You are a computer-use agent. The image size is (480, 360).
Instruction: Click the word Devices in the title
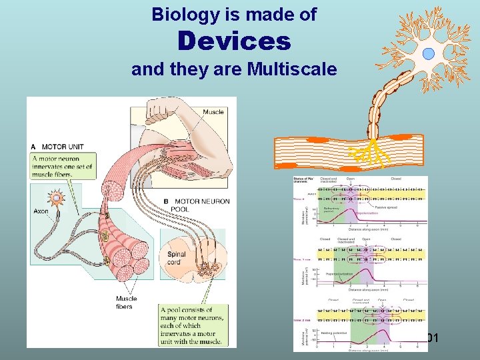point(234,42)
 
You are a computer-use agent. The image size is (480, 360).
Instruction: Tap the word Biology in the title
point(181,14)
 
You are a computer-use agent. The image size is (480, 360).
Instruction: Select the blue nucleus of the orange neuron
point(428,53)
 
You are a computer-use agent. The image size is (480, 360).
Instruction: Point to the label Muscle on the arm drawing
point(213,112)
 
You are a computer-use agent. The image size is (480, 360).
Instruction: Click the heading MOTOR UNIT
point(63,147)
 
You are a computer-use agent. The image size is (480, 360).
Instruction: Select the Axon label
point(41,211)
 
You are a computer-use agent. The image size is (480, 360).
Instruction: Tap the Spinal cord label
point(177,258)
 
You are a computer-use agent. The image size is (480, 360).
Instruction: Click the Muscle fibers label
point(126,303)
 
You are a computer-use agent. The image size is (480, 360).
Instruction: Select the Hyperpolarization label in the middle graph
point(339,274)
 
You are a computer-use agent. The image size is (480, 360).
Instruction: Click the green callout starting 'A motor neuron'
point(64,165)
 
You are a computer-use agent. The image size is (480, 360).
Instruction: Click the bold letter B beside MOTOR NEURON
point(166,201)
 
